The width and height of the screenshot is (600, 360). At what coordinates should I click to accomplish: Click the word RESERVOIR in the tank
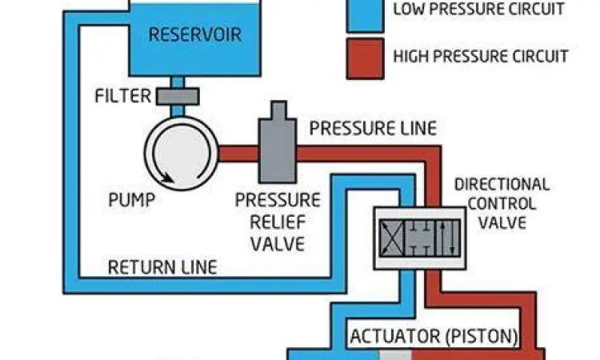click(194, 35)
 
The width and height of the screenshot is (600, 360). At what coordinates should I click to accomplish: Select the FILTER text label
click(122, 97)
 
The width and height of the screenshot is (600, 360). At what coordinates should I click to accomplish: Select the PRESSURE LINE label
click(373, 128)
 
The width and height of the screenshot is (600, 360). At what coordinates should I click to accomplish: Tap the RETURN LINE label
click(162, 266)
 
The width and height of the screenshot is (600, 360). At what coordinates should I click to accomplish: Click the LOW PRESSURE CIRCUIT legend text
click(479, 10)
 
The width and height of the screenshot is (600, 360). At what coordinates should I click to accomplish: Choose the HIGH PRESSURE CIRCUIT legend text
click(481, 57)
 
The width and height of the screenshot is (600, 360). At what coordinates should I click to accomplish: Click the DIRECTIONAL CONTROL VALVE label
click(502, 202)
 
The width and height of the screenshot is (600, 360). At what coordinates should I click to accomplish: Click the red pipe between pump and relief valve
click(238, 151)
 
